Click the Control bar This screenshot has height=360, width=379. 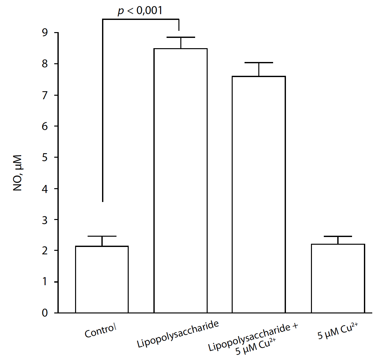(102, 279)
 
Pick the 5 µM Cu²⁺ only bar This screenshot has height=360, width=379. (338, 278)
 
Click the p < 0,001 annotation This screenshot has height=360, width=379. (140, 11)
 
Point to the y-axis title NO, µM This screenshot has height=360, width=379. (18, 173)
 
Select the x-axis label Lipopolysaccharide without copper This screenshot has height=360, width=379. (178, 334)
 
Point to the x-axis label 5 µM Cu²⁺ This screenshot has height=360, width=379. (338, 331)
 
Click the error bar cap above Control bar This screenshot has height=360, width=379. (102, 237)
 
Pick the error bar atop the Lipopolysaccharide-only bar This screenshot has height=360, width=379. (181, 38)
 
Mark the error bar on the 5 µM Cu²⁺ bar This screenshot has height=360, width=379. (338, 237)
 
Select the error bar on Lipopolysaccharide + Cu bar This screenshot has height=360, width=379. (259, 63)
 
